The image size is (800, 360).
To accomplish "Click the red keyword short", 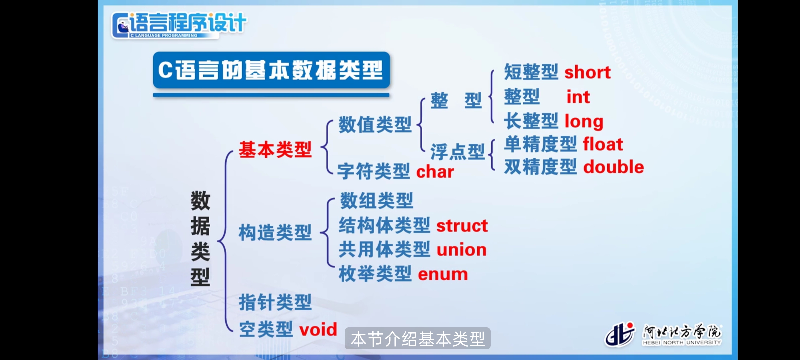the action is click(587, 72).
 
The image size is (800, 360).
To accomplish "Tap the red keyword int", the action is click(578, 97).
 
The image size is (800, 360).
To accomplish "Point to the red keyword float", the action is click(603, 144).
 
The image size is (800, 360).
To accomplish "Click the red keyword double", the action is click(614, 167).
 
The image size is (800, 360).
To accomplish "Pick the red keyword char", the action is click(435, 172).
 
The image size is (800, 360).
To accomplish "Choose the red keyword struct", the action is click(462, 226).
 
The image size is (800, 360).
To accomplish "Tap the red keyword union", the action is click(462, 250).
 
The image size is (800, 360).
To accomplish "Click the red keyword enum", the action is click(443, 274).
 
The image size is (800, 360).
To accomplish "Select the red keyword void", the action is click(318, 330).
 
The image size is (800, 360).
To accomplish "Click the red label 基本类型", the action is click(275, 149).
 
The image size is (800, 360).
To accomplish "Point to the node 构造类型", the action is click(275, 232).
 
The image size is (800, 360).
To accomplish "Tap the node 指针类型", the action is click(275, 302).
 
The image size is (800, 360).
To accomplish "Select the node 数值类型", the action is click(375, 125).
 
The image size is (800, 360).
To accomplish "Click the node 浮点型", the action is click(457, 152).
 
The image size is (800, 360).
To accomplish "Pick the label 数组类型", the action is click(376, 201).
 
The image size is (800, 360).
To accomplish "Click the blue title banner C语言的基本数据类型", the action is click(271, 70).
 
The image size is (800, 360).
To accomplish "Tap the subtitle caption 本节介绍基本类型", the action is click(417, 339).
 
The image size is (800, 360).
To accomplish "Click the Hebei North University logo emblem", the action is click(620, 334).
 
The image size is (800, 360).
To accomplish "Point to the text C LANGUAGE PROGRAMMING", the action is click(164, 35).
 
